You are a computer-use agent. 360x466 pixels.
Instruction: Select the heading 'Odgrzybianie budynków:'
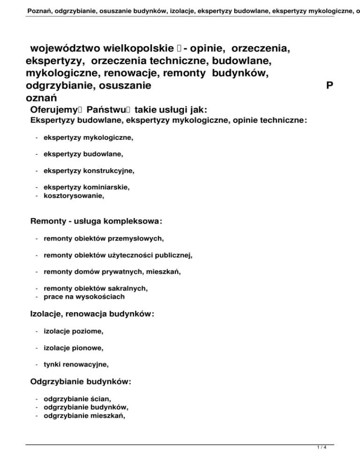80,382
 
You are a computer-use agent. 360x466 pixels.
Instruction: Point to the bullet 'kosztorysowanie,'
74,196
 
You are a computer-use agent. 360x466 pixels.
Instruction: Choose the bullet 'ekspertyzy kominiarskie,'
87,188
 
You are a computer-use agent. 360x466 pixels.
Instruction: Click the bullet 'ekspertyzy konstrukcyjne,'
89,171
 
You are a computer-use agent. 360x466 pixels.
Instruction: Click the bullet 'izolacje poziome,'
73,331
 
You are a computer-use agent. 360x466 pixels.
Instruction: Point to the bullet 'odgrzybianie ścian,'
77,398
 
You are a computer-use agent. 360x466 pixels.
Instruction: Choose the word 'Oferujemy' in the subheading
53,110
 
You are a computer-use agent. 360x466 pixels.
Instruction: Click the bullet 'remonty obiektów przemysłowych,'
104,238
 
